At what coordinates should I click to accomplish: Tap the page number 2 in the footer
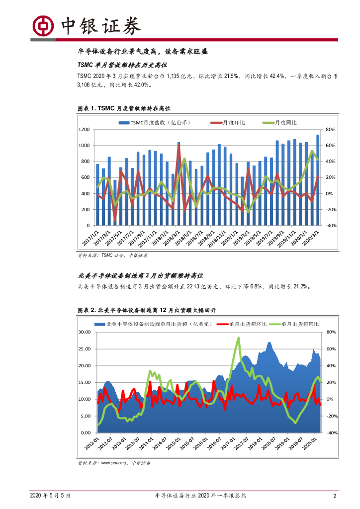coord(335,496)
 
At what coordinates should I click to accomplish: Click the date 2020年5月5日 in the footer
coord(50,496)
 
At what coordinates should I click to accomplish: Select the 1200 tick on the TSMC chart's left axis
coord(84,129)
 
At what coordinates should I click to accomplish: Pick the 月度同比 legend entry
coord(283,122)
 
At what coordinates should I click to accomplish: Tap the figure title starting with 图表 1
coord(124,108)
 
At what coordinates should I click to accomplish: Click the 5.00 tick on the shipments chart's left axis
coord(85,416)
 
